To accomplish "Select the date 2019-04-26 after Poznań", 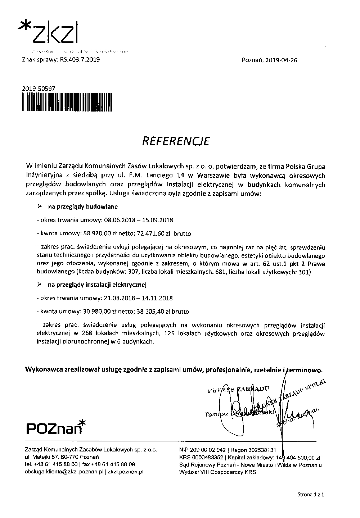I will click(x=281, y=60).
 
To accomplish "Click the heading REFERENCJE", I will click(x=176, y=141).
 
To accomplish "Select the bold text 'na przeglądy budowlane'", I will click(x=83, y=207).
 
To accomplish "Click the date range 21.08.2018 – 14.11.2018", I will click(x=138, y=298).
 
